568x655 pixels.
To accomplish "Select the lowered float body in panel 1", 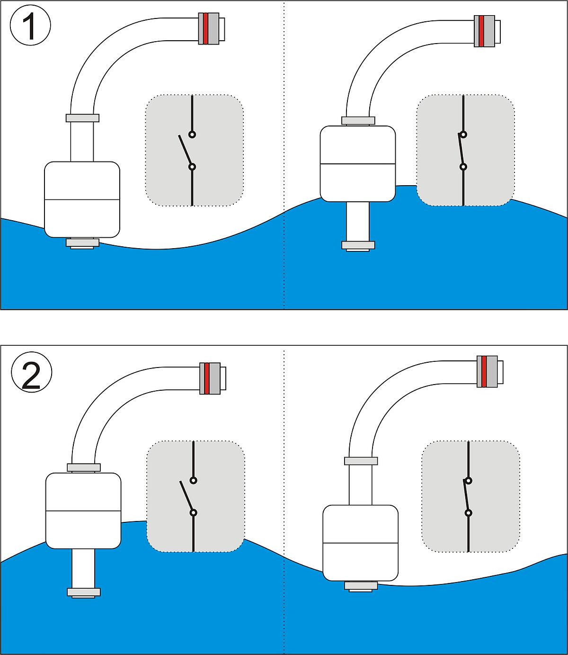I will [82, 199].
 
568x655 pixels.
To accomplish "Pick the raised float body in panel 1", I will [358, 163].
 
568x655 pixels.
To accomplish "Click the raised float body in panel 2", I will [83, 511].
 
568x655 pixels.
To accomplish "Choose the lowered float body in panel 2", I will [360, 543].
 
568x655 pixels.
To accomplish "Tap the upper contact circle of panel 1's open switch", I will [192, 135].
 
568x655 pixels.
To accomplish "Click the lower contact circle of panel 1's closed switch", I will [463, 167].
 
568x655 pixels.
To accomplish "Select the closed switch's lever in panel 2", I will [466, 497].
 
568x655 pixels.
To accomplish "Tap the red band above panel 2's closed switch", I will [485, 371].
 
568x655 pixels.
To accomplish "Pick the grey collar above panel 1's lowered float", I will [82, 117].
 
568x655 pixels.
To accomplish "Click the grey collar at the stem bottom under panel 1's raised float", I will [358, 245].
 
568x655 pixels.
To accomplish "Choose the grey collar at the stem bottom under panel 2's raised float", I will [84, 592].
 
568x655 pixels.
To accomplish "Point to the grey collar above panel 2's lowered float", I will [361, 461].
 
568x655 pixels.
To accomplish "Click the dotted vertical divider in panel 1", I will [284, 95].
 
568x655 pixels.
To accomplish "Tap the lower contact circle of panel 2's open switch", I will [193, 512].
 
